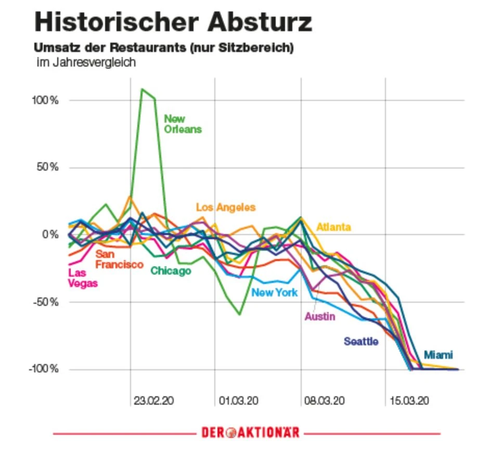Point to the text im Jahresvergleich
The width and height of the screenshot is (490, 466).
86,63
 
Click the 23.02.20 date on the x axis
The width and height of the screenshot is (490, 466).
154,401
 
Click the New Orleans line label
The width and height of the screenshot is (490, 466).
183,124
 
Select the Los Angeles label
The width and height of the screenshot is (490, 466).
226,207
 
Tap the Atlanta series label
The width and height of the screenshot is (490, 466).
333,227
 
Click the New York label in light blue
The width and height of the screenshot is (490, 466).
275,292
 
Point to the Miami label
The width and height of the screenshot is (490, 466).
438,355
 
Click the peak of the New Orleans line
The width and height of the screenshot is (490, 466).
142,89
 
